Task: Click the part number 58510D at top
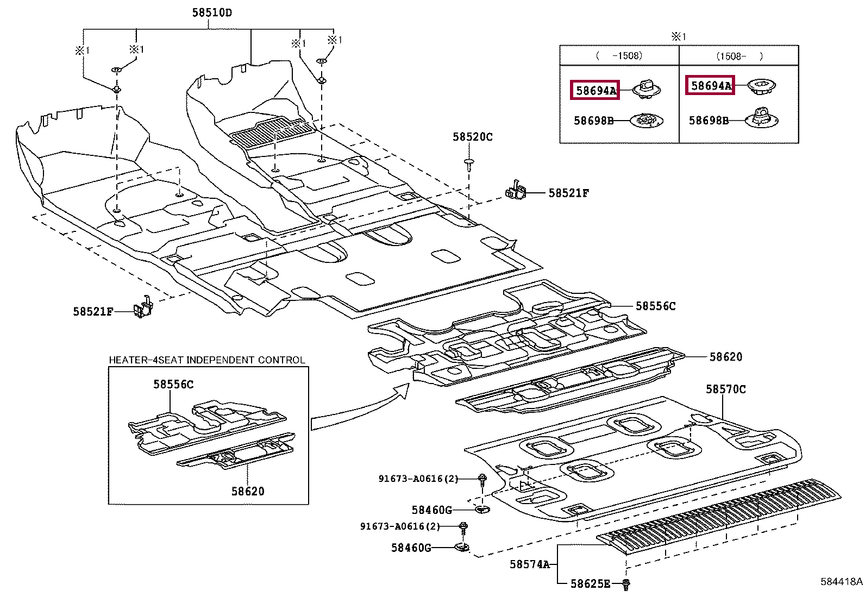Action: (212, 12)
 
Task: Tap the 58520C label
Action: (472, 137)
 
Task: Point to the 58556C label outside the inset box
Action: (655, 306)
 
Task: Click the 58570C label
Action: (725, 389)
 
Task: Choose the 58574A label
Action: (529, 564)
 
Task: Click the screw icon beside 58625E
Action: (626, 585)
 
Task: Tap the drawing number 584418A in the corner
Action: (841, 582)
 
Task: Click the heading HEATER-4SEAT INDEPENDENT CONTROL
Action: (207, 360)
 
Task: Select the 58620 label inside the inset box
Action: (248, 492)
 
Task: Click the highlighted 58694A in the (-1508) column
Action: (596, 91)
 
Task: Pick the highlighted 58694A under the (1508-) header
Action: (710, 85)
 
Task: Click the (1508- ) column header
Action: (739, 56)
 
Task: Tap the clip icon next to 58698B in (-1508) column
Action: (647, 120)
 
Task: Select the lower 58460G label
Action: (411, 548)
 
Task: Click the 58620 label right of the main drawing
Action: (725, 357)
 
